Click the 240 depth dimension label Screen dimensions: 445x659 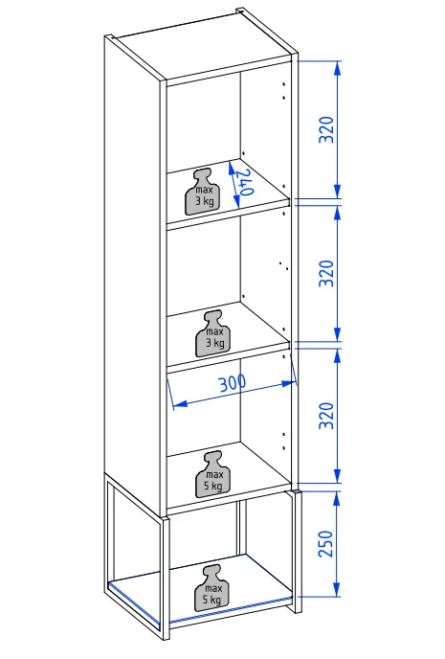click(244, 182)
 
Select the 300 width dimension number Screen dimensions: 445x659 click(233, 383)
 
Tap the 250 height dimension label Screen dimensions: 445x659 click(326, 543)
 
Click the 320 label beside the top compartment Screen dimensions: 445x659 click(326, 129)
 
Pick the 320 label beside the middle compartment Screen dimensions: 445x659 click(326, 273)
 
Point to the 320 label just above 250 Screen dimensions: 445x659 click(326, 416)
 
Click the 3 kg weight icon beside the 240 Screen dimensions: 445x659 click(203, 193)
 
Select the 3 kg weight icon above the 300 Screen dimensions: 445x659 click(213, 333)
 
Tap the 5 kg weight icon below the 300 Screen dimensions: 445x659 click(213, 474)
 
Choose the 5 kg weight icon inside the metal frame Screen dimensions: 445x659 click(212, 588)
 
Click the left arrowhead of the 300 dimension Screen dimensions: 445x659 click(179, 404)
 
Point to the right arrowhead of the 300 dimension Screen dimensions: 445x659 click(289, 383)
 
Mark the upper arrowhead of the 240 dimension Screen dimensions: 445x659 click(231, 169)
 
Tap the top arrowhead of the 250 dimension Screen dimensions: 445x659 click(337, 499)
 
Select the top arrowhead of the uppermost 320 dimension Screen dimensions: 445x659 click(337, 69)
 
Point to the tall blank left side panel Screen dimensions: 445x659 click(132, 273)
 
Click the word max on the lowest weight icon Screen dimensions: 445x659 click(213, 588)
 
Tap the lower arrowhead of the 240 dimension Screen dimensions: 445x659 click(236, 202)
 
